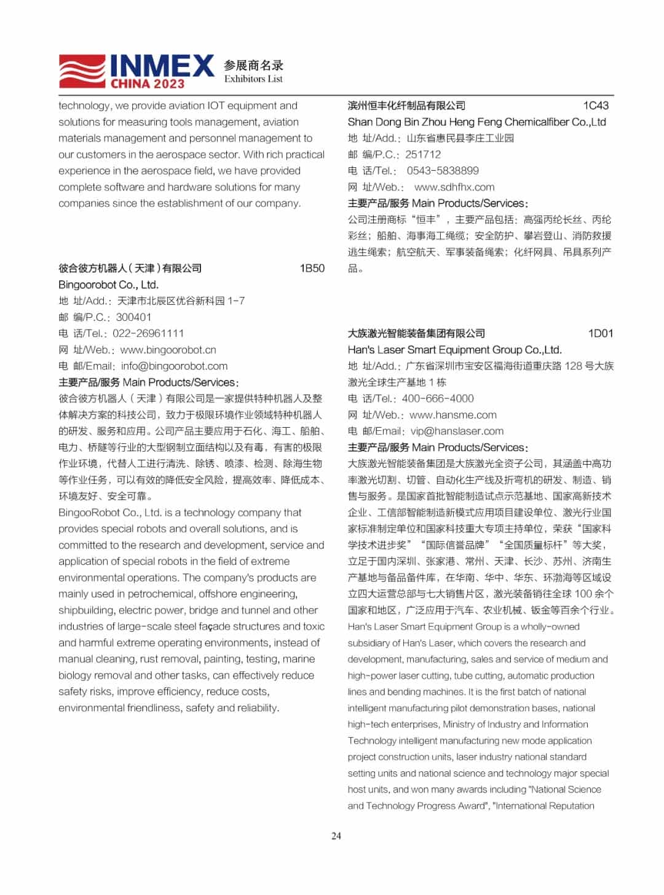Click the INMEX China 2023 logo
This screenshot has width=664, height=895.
136,71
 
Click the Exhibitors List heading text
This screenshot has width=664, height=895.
253,79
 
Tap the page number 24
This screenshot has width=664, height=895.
336,835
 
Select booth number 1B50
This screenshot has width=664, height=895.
312,268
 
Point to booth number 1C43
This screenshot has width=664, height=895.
595,105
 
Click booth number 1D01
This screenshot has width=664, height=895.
600,333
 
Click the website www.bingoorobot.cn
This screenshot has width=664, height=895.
168,350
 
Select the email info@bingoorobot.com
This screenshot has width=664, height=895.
174,366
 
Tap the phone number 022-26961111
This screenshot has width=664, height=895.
148,333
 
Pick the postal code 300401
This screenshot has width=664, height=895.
133,317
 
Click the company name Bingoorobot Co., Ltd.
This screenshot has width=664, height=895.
108,285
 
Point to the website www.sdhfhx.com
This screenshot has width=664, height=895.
454,187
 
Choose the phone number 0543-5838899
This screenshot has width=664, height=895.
442,171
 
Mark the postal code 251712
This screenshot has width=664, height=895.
422,154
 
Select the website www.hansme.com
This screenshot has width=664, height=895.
453,415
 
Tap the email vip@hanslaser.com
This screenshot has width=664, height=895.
457,431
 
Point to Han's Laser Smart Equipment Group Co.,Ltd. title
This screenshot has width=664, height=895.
454,350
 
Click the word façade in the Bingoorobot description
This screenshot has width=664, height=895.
213,626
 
